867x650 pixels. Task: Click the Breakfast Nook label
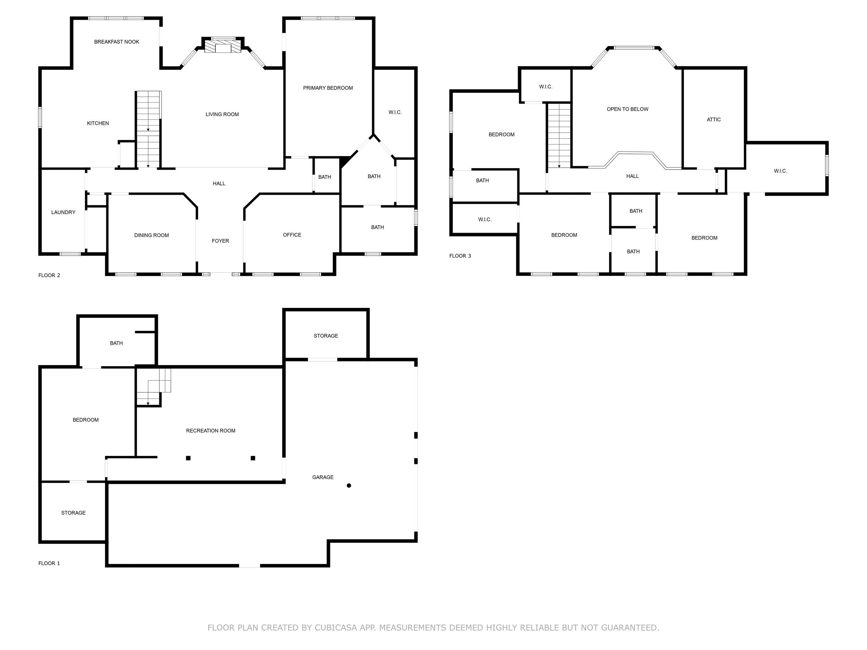click(117, 42)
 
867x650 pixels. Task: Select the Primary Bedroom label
click(328, 88)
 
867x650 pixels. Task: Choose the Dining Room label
click(151, 235)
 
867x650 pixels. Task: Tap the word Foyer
click(220, 241)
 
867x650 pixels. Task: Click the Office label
click(292, 235)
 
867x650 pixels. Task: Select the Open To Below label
click(627, 109)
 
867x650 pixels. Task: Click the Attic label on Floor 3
click(713, 120)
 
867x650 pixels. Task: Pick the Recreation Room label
click(211, 431)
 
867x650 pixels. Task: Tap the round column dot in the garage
click(349, 485)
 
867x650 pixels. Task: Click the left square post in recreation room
click(188, 458)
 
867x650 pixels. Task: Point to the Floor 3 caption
click(460, 256)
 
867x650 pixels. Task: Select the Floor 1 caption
click(49, 563)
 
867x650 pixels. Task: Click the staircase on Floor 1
click(153, 388)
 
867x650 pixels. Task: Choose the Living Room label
click(222, 114)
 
